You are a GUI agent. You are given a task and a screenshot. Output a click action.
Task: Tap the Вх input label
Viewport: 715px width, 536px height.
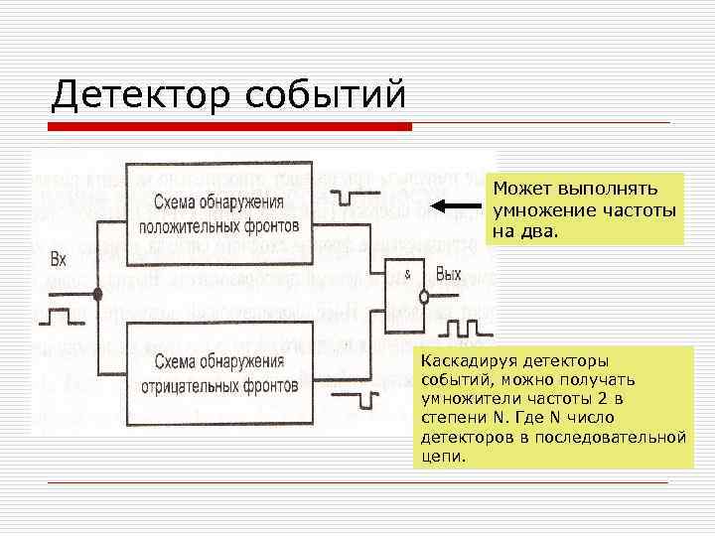(59, 261)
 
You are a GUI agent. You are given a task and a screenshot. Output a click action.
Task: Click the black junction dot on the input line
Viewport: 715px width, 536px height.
(97, 294)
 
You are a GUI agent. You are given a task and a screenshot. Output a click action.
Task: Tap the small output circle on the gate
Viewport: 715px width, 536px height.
(424, 296)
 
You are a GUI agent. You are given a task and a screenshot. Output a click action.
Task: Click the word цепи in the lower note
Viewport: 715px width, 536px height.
(441, 457)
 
